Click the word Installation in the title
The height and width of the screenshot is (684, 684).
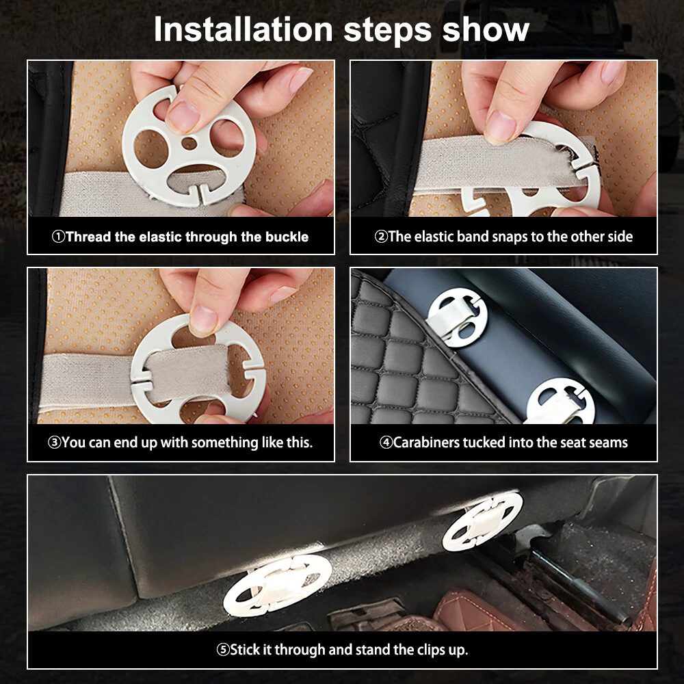coord(244,29)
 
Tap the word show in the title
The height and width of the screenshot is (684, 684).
coord(486,29)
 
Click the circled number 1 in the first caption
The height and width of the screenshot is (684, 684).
coord(58,237)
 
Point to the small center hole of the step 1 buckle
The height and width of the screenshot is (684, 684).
coord(189,143)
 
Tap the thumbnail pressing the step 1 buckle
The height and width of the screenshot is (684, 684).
coord(183,116)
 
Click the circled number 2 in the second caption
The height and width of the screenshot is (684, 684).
coord(381,237)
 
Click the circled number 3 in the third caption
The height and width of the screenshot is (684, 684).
coord(54,443)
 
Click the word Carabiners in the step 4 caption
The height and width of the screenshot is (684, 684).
coord(426,443)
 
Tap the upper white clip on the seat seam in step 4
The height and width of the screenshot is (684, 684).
coord(457,317)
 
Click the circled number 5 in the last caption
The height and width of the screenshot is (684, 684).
coord(223,650)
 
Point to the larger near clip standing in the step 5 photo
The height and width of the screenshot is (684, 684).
coord(278,586)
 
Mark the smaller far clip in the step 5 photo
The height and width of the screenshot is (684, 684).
coord(482,521)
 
